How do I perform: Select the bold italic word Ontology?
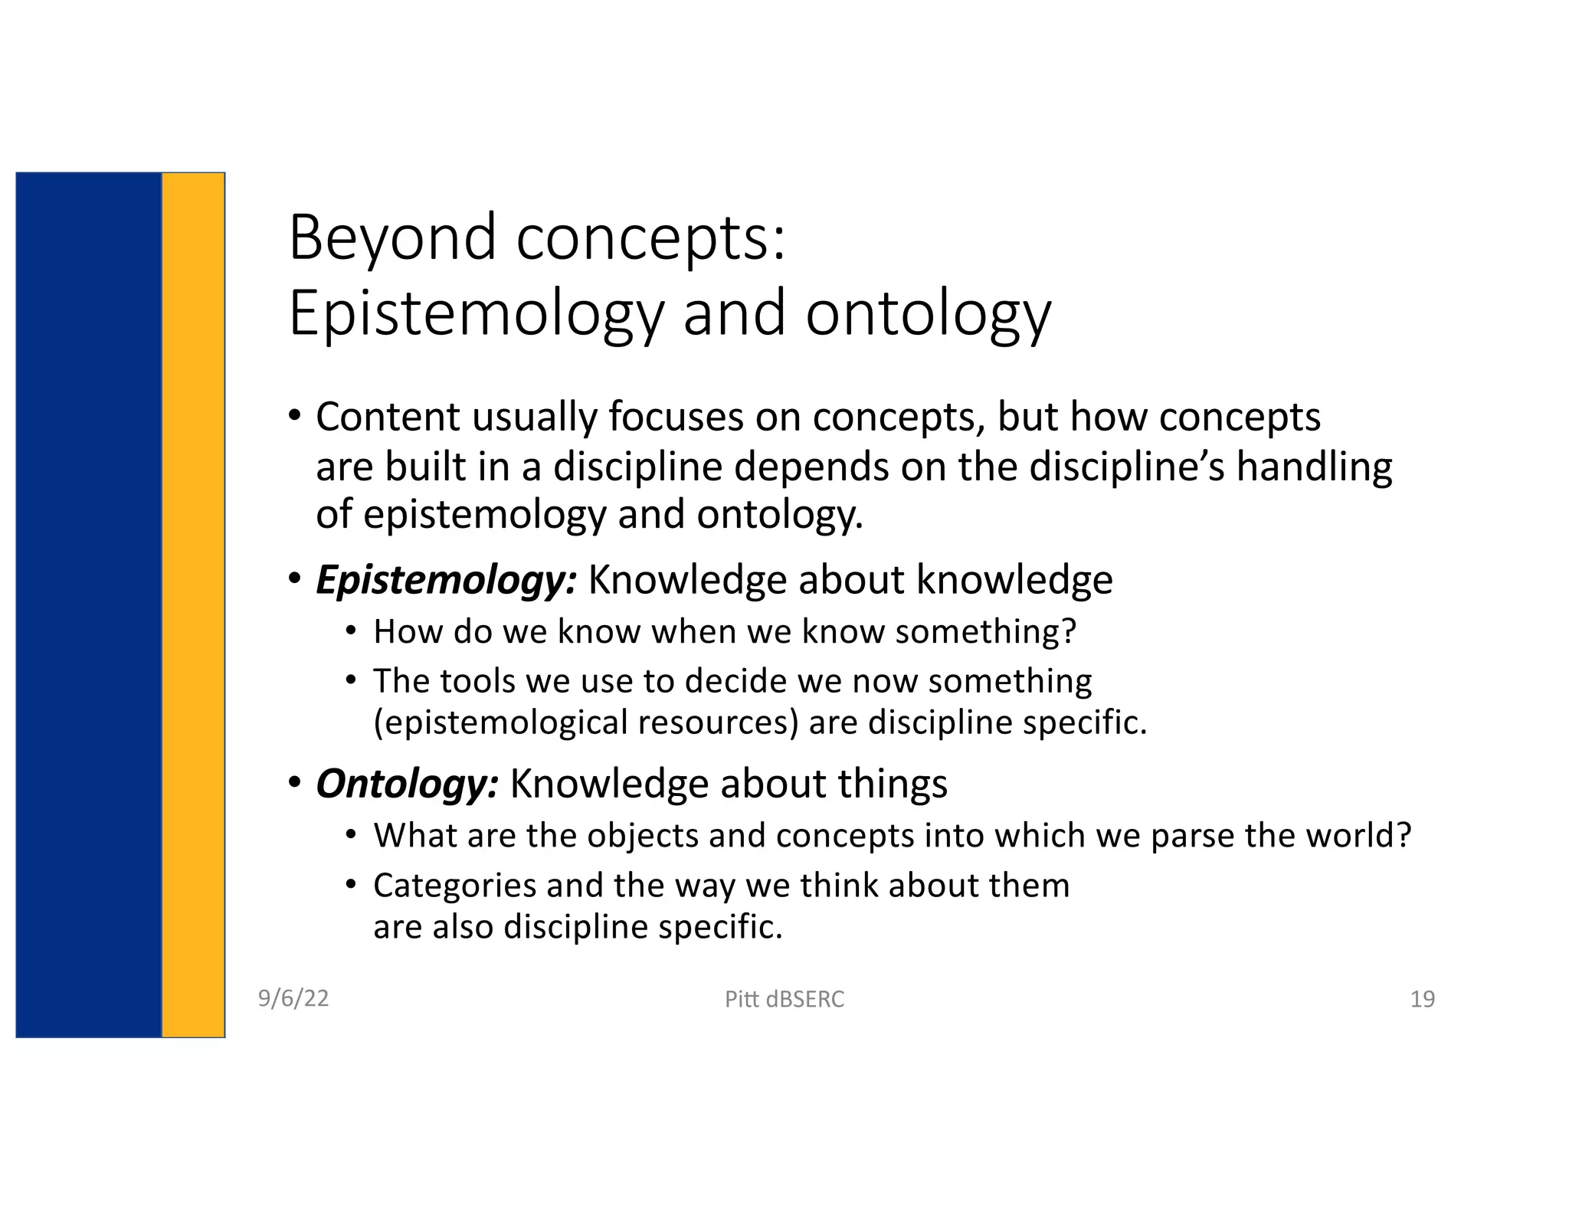[407, 784]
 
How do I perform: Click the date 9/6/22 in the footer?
[293, 998]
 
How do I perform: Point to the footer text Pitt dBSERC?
[784, 999]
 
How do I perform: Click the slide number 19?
[1422, 999]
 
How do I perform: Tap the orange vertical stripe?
[193, 605]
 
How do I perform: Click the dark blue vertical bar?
[89, 605]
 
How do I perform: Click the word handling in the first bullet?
[1314, 467]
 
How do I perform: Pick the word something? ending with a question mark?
[985, 632]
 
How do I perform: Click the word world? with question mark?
[1358, 836]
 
